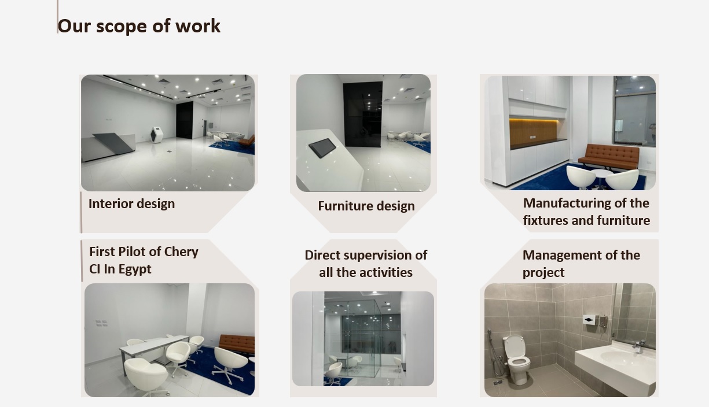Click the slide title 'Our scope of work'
pyautogui.click(x=139, y=26)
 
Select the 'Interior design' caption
pyautogui.click(x=132, y=203)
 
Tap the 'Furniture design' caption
pyautogui.click(x=366, y=206)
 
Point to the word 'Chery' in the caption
pyautogui.click(x=181, y=252)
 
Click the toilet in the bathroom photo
pyautogui.click(x=517, y=359)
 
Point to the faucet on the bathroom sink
pyautogui.click(x=639, y=347)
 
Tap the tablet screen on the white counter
pyautogui.click(x=322, y=147)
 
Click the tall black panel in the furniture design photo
pyautogui.click(x=362, y=114)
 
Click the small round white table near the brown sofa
pyautogui.click(x=600, y=177)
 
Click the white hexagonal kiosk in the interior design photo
pyautogui.click(x=156, y=135)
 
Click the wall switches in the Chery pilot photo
pyautogui.click(x=101, y=323)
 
